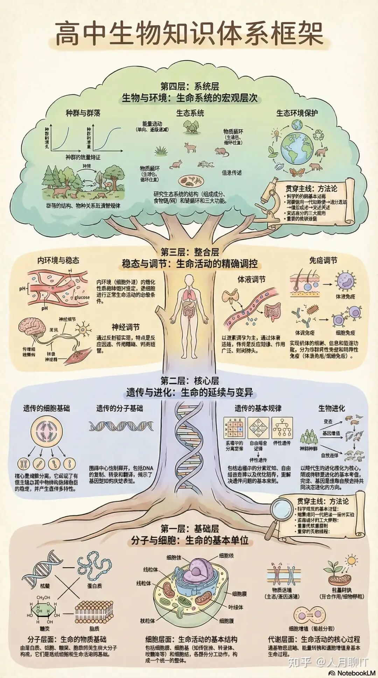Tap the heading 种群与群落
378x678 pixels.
click(x=83, y=113)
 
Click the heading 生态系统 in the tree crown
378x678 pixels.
click(x=190, y=113)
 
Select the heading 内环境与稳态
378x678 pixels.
click(x=58, y=260)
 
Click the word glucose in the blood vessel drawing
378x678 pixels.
click(x=82, y=297)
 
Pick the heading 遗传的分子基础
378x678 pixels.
click(x=120, y=408)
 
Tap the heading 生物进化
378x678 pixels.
click(x=331, y=408)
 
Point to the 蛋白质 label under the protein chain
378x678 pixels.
click(x=94, y=585)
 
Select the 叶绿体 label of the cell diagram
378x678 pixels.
click(x=236, y=607)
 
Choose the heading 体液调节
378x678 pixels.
click(x=251, y=279)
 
